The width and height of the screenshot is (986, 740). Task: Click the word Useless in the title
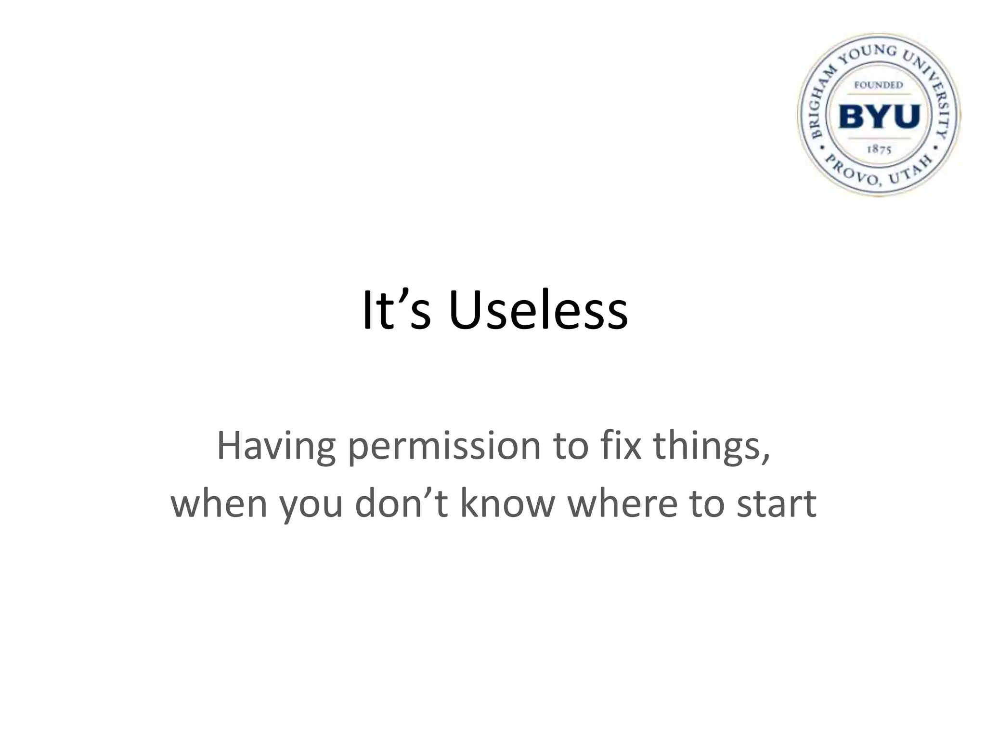pyautogui.click(x=538, y=311)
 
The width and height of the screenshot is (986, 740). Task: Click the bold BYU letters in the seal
pyautogui.click(x=879, y=117)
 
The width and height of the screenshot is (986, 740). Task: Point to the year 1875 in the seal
pyautogui.click(x=879, y=149)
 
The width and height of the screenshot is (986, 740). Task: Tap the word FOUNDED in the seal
pyautogui.click(x=879, y=85)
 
